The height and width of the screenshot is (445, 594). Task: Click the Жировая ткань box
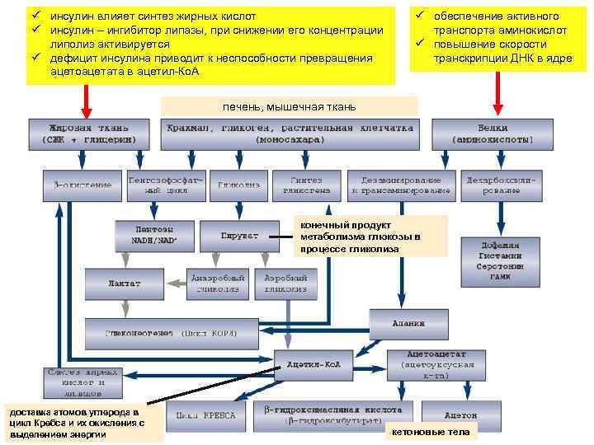pyautogui.click(x=89, y=135)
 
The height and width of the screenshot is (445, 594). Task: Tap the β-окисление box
pyautogui.click(x=82, y=185)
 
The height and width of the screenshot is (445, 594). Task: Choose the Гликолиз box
pyautogui.click(x=239, y=185)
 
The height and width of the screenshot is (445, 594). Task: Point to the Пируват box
pyautogui.click(x=239, y=236)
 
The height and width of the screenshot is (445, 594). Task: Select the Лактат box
pyautogui.click(x=125, y=283)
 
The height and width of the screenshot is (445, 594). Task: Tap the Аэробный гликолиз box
pyautogui.click(x=285, y=283)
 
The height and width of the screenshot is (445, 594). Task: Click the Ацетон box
pyautogui.click(x=461, y=415)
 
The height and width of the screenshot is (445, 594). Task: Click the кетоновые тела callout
pyautogui.click(x=431, y=432)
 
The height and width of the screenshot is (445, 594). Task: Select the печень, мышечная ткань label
pyautogui.click(x=289, y=106)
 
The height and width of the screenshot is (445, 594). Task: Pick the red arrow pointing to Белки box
pyautogui.click(x=497, y=98)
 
